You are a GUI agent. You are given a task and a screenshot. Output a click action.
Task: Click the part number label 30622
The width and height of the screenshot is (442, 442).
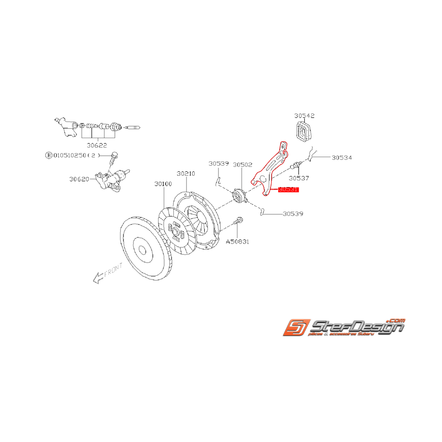click(x=97, y=145)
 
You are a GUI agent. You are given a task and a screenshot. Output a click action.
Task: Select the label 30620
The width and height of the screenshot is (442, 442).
click(x=79, y=179)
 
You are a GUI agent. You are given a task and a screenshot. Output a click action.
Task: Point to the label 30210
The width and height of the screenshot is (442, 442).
click(x=186, y=174)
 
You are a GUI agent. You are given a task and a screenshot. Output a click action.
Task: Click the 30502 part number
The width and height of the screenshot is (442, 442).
click(x=242, y=164)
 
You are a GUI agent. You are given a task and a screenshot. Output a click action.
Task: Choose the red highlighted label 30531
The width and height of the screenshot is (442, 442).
click(x=289, y=189)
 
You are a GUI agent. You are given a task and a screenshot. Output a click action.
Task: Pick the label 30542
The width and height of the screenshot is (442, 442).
click(x=304, y=115)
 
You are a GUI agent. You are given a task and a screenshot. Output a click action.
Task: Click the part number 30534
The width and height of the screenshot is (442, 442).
click(x=342, y=157)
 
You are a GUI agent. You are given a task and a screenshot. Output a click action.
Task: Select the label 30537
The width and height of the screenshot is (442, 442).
click(x=300, y=179)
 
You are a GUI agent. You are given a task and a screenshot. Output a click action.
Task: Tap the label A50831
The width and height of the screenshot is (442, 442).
click(x=237, y=242)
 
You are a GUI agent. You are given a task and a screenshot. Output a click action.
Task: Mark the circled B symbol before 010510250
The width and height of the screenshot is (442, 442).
click(x=48, y=155)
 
